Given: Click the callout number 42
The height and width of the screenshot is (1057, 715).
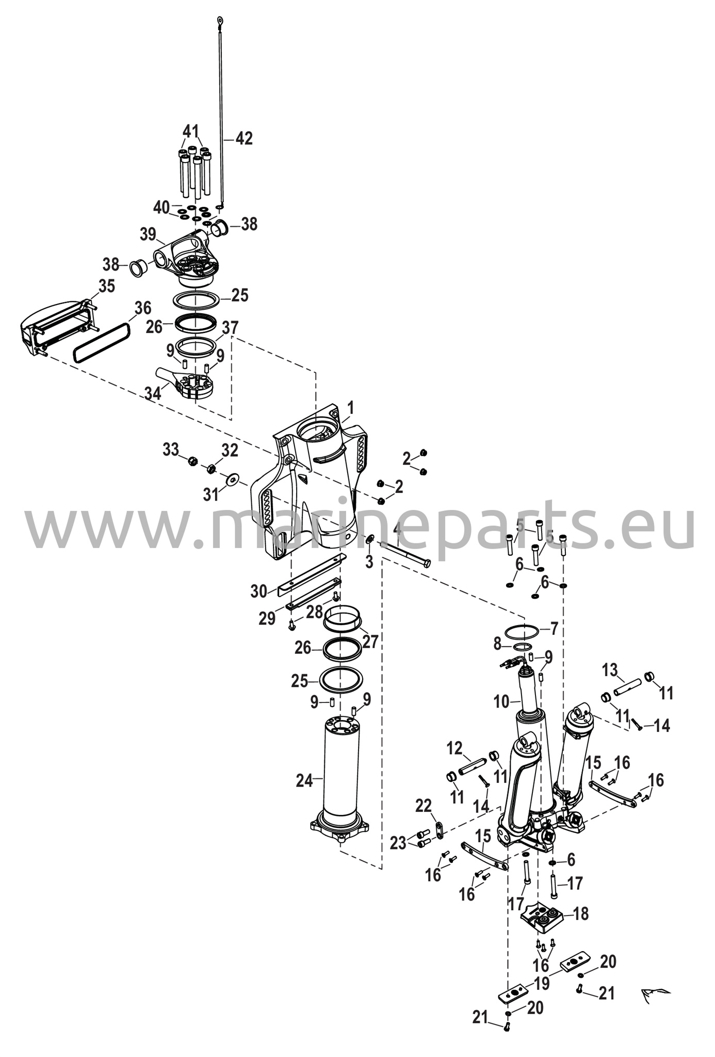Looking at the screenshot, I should pos(245,138).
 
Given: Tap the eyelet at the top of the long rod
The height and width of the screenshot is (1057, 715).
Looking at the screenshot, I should pos(220,21).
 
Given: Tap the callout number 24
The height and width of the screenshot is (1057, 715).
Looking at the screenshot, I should pos(304,781).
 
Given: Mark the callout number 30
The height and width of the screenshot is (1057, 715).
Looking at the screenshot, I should pos(258,591).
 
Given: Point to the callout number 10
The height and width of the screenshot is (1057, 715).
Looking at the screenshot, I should pos(501,701).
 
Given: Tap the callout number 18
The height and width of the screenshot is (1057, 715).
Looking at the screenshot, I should pos(581,914).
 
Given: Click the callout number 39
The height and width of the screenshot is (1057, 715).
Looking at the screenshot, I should pos(148,234).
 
